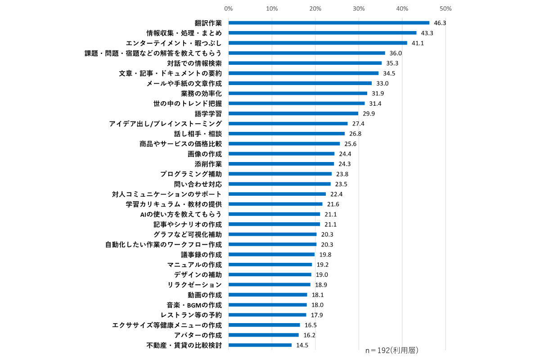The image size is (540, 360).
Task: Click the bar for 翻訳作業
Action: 329,23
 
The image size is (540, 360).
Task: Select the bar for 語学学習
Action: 293,113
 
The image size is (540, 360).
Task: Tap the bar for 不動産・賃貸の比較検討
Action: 260,345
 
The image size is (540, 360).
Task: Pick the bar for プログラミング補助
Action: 280,174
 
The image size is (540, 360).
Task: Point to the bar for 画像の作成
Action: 281,154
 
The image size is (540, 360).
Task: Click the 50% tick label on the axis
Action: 445,9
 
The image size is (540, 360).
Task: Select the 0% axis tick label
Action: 228,9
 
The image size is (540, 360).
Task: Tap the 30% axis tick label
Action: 359,9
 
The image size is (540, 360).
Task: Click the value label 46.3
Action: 440,23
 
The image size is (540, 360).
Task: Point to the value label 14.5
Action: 302,345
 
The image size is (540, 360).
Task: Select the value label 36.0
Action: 396,53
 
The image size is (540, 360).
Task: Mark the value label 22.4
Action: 336,194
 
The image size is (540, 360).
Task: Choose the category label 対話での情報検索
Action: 198,63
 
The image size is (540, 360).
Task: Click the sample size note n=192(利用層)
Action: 392,350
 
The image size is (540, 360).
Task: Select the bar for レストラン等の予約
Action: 267,315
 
